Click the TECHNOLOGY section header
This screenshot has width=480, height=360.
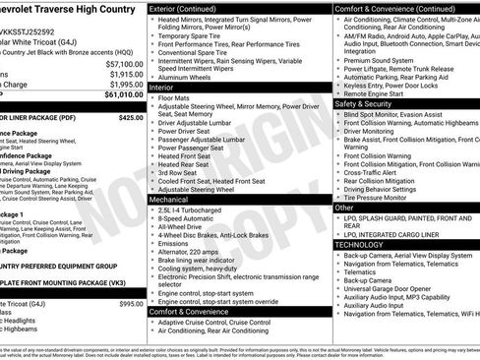[366, 242]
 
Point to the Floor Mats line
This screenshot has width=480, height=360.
[177, 98]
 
